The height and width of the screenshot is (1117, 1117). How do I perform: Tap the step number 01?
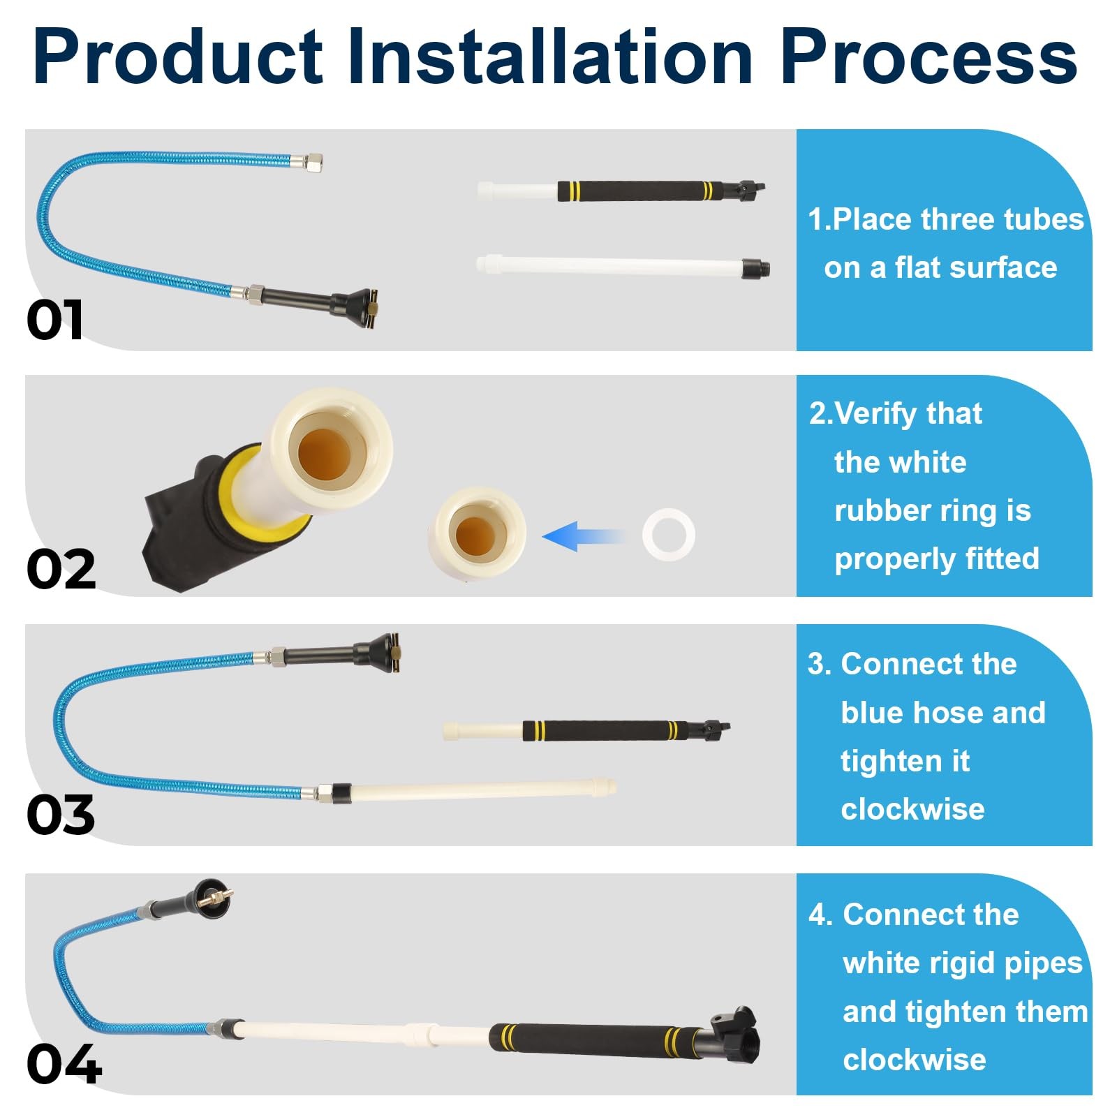(x=55, y=320)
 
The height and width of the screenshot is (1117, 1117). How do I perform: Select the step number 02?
(x=61, y=569)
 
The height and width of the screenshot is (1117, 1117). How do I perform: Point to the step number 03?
(x=61, y=815)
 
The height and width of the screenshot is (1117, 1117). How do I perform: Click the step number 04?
(x=64, y=1064)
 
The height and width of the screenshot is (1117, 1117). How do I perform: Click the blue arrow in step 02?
(x=584, y=536)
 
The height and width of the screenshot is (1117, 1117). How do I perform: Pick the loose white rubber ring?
(x=669, y=534)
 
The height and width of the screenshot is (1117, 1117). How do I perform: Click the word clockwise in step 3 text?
(x=912, y=810)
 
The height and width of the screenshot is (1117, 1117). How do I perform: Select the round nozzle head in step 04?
(x=212, y=897)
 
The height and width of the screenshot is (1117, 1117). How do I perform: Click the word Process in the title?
(x=929, y=57)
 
